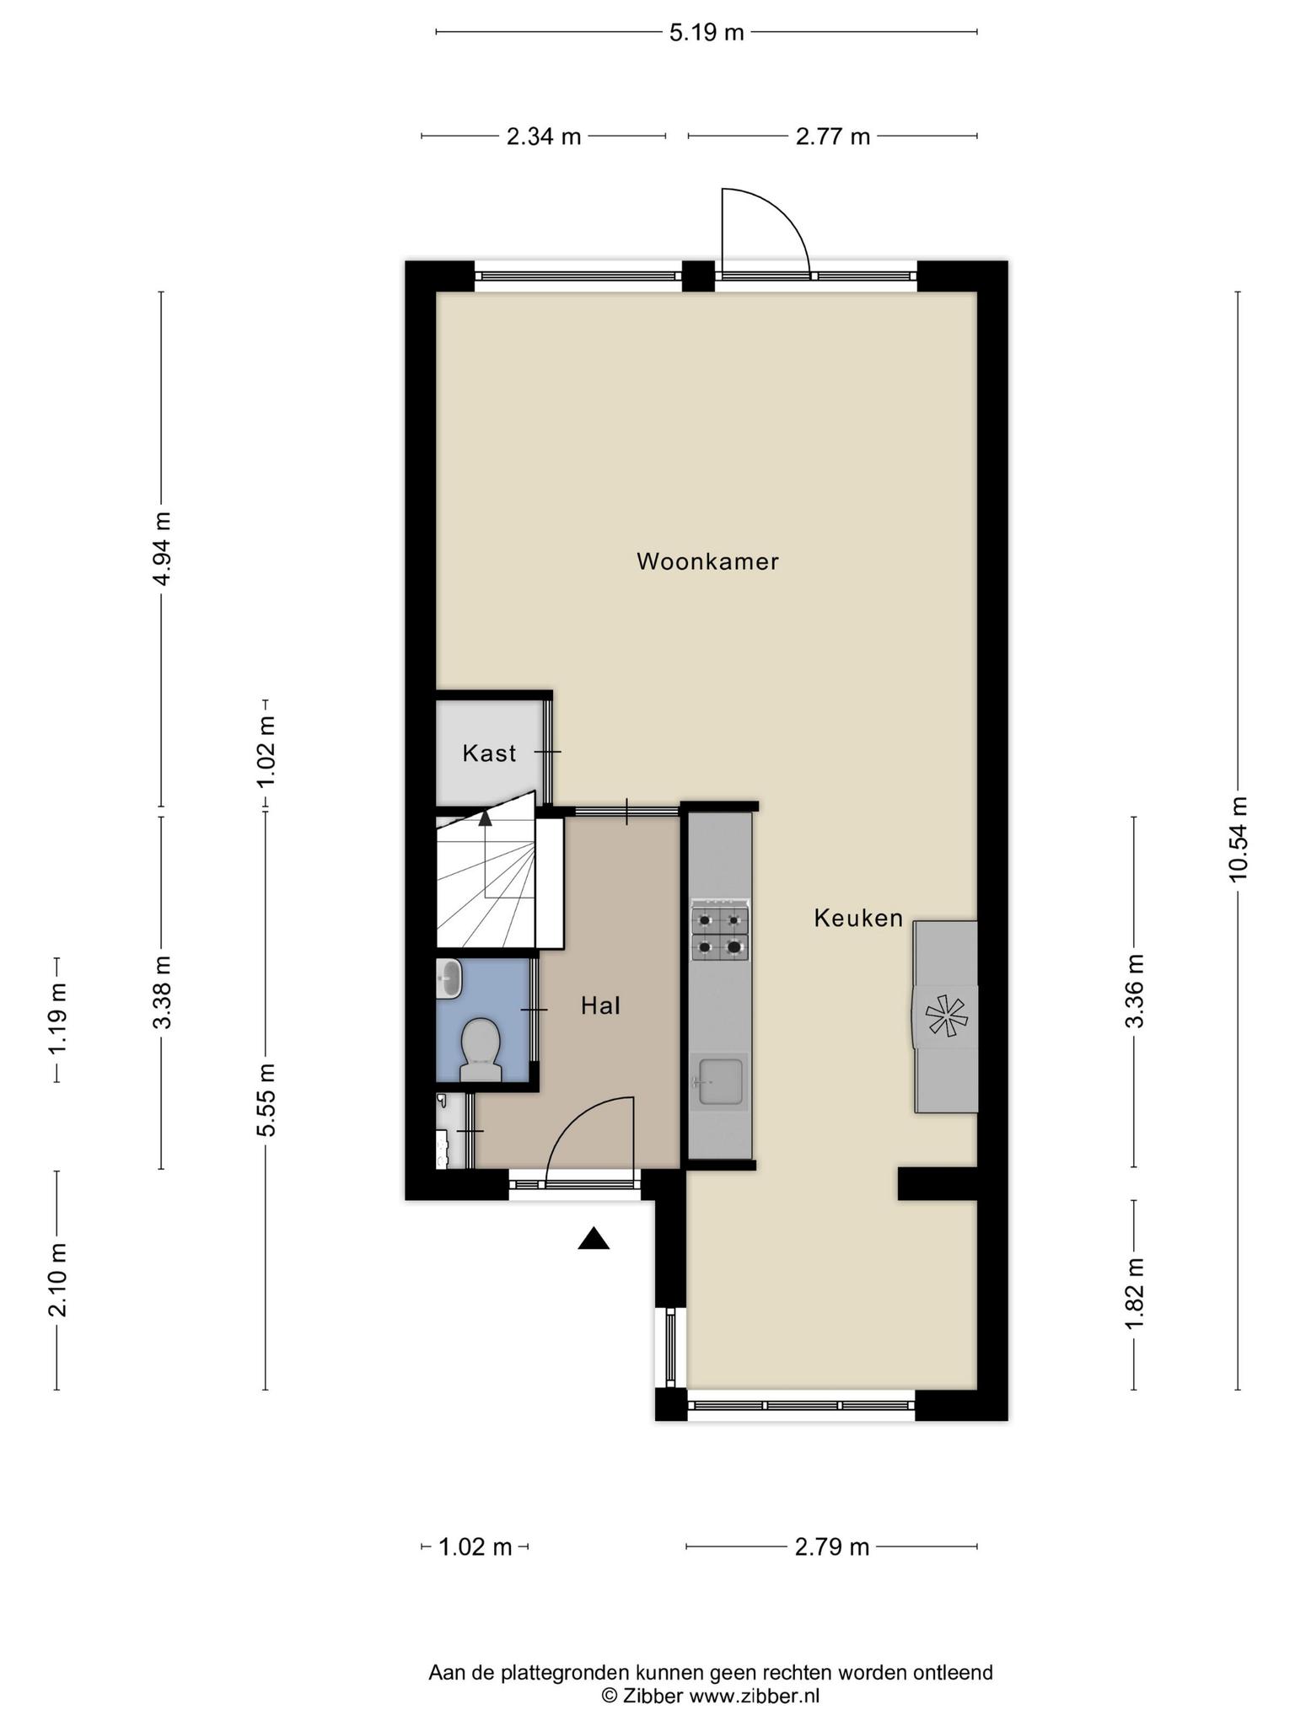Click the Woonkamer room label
[707, 561]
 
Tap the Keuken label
[858, 918]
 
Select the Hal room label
[600, 1005]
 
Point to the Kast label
[489, 753]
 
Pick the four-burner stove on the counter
[720, 934]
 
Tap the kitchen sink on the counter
[718, 1082]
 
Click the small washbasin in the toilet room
[449, 979]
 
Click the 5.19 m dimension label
[707, 33]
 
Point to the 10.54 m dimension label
[1238, 839]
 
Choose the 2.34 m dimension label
[544, 137]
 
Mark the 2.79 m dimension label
[832, 1547]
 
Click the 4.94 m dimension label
[161, 549]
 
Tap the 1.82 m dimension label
[1134, 1294]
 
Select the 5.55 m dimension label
[266, 1099]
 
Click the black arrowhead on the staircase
[485, 817]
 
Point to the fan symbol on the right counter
[944, 1016]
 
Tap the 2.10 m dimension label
[57, 1279]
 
